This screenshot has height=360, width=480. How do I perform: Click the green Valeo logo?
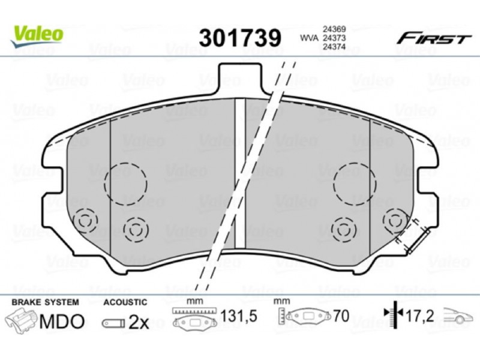37,35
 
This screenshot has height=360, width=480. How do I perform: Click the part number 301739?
239,38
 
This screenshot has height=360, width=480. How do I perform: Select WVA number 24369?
334,29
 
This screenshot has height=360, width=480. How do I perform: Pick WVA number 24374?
334,47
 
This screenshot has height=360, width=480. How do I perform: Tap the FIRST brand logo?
434,39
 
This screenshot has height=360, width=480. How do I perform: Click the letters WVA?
310,38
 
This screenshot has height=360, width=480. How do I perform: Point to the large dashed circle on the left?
125,184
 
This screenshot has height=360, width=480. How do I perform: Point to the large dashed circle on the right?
355,183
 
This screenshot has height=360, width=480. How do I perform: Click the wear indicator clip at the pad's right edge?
419,241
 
